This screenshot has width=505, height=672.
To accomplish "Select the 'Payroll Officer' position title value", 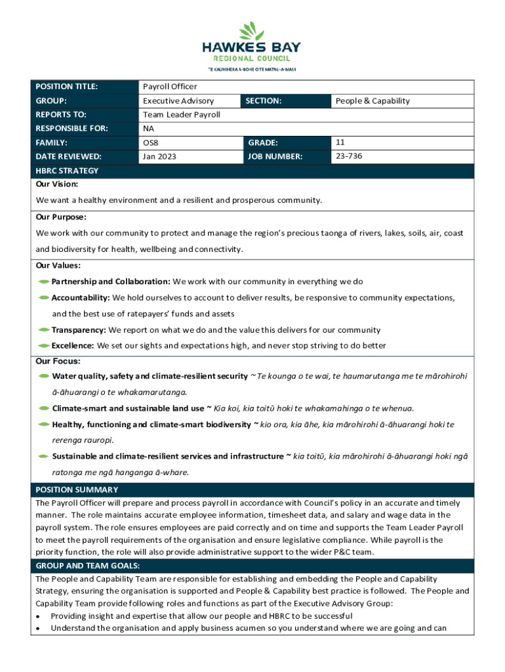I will click(x=170, y=87).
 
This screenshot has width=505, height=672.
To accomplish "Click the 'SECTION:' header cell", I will click(x=264, y=101).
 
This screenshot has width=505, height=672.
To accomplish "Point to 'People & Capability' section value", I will click(x=373, y=101).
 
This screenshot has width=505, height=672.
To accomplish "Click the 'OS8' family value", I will click(x=151, y=142).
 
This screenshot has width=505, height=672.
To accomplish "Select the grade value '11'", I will click(x=340, y=142).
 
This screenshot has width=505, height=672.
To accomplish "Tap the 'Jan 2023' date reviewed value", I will click(x=159, y=157).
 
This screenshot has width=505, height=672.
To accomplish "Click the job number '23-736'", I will click(x=349, y=157).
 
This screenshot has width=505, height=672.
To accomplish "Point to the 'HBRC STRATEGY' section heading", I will click(x=67, y=171).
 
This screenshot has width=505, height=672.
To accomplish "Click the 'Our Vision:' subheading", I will click(x=57, y=184).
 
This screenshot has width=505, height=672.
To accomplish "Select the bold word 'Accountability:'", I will click(x=81, y=298).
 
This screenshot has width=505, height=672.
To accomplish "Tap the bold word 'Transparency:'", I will click(x=79, y=330).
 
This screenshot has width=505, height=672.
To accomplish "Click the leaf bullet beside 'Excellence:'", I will click(x=44, y=346).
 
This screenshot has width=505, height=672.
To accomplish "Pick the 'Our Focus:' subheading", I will click(x=58, y=361).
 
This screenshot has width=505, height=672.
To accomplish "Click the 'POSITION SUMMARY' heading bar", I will click(x=77, y=490).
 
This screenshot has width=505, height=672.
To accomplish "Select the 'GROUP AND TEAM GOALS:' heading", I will click(x=88, y=566).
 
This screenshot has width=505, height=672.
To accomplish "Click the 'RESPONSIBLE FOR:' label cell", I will click(x=71, y=129).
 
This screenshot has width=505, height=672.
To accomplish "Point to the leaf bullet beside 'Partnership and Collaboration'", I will click(x=44, y=282).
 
